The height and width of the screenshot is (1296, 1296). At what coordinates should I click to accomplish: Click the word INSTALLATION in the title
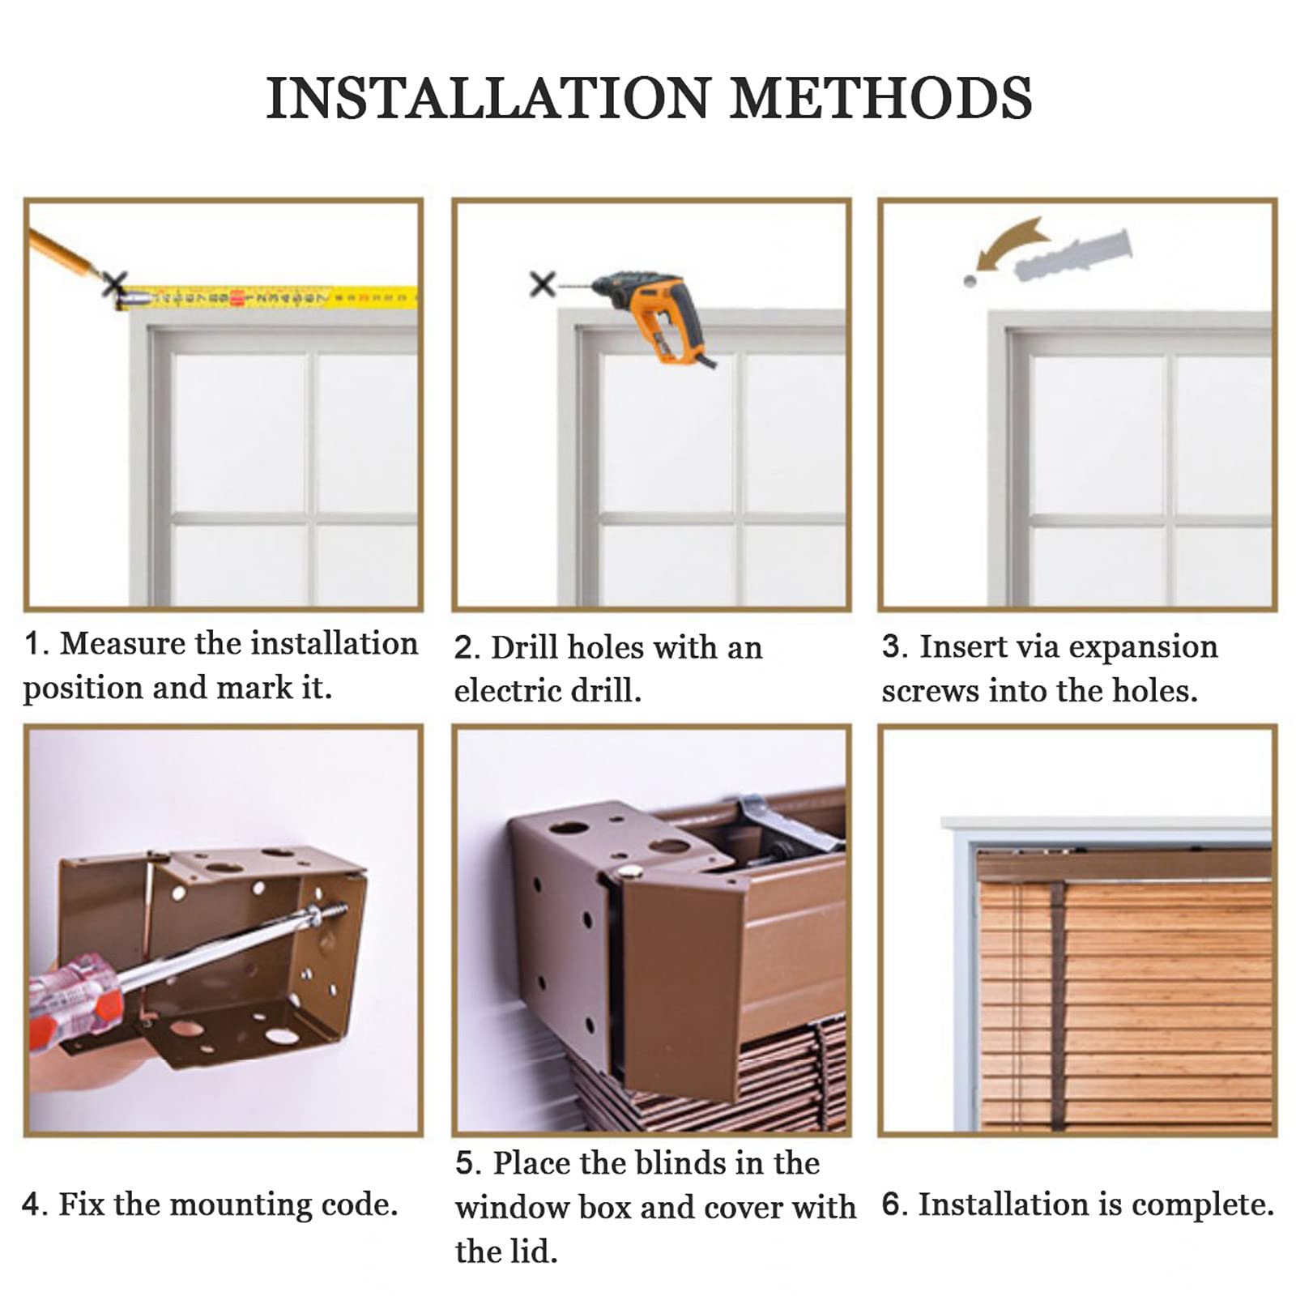click(x=489, y=98)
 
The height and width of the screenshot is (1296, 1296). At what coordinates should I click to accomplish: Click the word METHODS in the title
click(x=881, y=98)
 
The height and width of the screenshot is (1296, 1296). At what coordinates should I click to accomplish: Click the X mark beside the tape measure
click(x=114, y=284)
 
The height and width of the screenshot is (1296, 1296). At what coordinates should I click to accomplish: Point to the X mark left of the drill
click(x=542, y=284)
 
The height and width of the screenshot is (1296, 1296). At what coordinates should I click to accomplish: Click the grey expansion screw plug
click(x=1072, y=254)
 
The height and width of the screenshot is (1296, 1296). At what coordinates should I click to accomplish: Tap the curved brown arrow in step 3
click(x=1008, y=243)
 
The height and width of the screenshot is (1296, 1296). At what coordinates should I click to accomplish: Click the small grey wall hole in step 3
click(x=970, y=281)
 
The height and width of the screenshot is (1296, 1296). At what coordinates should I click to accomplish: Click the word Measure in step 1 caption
click(x=123, y=644)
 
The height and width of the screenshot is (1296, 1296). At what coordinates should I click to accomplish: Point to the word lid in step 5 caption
click(x=535, y=1251)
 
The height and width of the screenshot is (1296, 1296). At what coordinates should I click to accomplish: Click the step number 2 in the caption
click(x=464, y=649)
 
